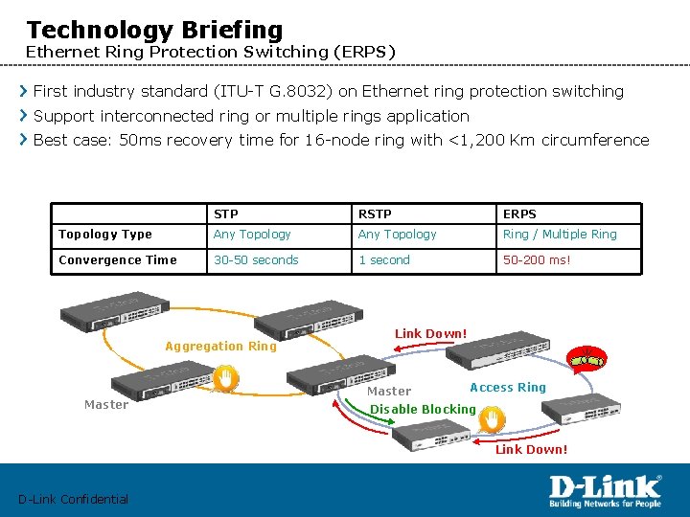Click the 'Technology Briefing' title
pos(154,31)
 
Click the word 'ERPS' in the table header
pos(519,214)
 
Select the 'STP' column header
pos(226,214)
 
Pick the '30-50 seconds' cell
pos(256,259)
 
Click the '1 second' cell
pos(383,259)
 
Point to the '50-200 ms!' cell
pos(537,259)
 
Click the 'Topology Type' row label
pos(105,234)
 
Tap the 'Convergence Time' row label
pos(118,259)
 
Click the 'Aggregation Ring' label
pos(220,346)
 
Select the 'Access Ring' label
pos(508,387)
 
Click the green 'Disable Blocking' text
pos(423,409)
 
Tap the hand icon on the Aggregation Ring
pos(224,380)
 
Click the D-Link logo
pos(604,490)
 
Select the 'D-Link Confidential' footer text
pos(73,499)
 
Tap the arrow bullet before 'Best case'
pos(24,140)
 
